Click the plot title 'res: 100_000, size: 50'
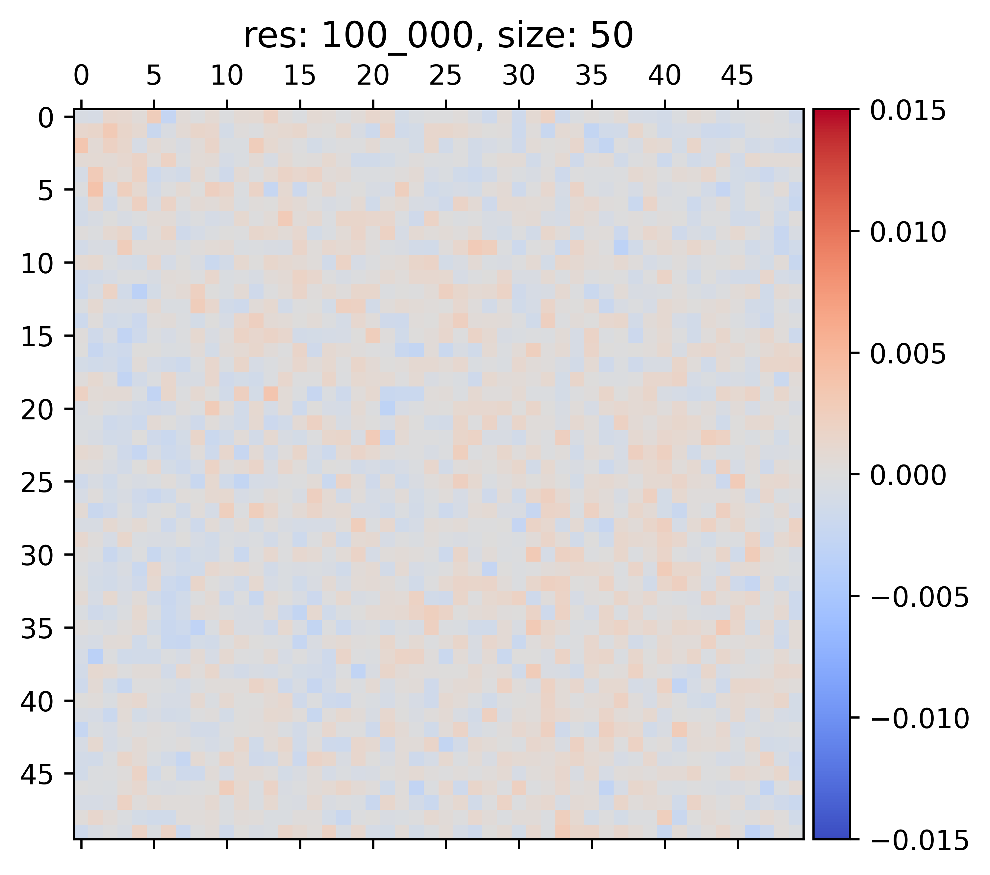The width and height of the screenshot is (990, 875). (438, 36)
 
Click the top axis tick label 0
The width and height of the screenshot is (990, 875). (81, 77)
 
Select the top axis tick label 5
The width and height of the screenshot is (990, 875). (154, 77)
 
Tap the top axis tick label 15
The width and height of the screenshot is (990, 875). (300, 77)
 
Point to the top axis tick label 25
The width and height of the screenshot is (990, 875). (445, 77)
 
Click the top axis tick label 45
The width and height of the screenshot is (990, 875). (737, 77)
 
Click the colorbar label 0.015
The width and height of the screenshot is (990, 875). (908, 111)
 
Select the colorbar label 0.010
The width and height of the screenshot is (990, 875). (908, 232)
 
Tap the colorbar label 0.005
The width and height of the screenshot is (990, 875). (908, 355)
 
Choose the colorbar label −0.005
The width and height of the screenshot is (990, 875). (919, 597)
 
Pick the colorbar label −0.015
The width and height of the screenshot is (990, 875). (919, 841)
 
